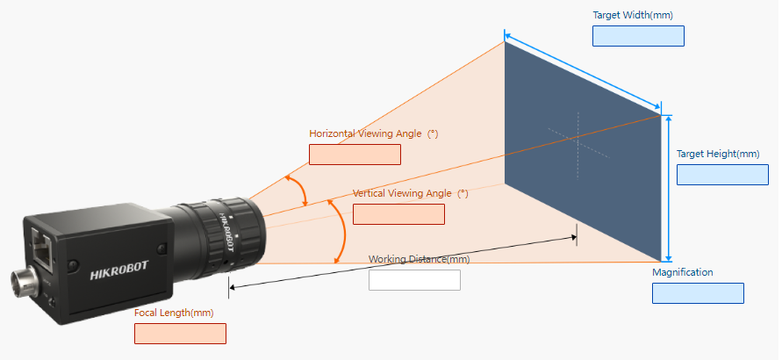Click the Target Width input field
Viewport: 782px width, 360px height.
tap(638, 36)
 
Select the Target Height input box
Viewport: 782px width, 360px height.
tap(722, 174)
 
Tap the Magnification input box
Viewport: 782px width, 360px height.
tap(698, 293)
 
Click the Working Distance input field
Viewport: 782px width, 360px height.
tap(414, 280)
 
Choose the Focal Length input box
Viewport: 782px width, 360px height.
tap(180, 334)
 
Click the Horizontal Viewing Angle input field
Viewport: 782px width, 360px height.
tap(355, 155)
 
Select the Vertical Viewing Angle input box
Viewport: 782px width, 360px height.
tap(398, 214)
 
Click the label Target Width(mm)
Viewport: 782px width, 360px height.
tap(633, 15)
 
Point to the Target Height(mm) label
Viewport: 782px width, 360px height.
tap(718, 154)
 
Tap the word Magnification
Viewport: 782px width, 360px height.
tap(683, 272)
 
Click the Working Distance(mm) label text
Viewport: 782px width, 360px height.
tap(419, 259)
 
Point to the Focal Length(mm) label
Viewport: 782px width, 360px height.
tap(174, 313)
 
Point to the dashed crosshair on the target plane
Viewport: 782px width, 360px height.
tap(579, 136)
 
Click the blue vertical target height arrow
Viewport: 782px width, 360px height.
tap(670, 188)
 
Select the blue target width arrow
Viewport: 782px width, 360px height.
tap(583, 74)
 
